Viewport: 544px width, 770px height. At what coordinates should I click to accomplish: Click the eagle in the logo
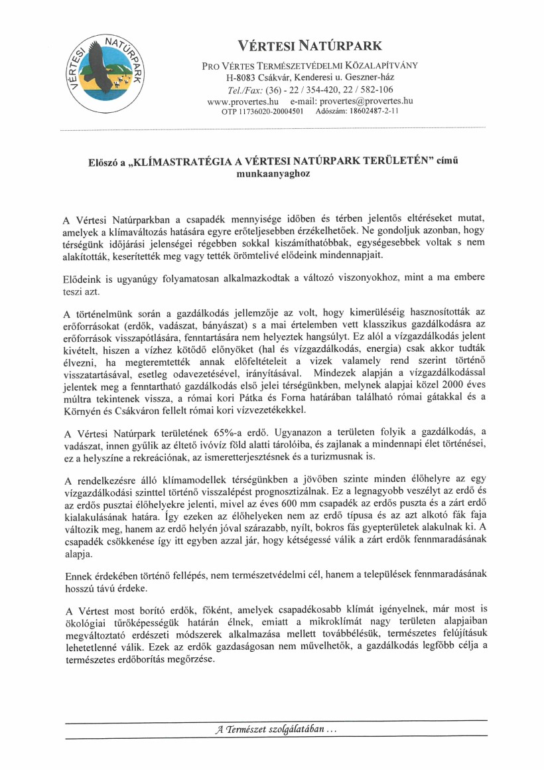click(101, 62)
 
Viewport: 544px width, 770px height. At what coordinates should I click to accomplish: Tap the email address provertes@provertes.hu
click(366, 101)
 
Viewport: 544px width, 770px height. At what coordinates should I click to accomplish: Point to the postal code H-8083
click(240, 79)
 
